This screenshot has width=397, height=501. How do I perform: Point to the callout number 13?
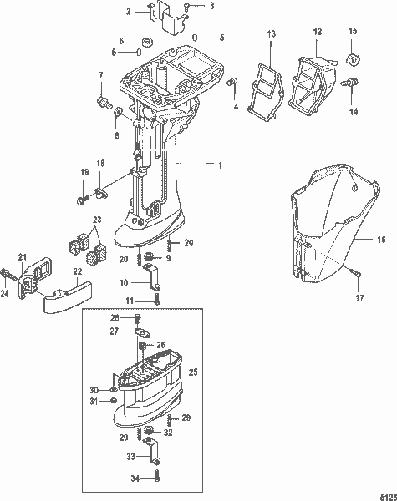pyautogui.click(x=271, y=33)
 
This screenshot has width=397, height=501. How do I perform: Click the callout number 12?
pyautogui.click(x=317, y=32)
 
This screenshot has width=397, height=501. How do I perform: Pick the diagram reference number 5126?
pyautogui.click(x=385, y=493)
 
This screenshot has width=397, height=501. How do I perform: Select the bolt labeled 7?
pyautogui.click(x=104, y=102)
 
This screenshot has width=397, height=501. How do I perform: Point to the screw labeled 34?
pyautogui.click(x=157, y=478)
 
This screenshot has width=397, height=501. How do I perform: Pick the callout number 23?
pyautogui.click(x=98, y=220)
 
